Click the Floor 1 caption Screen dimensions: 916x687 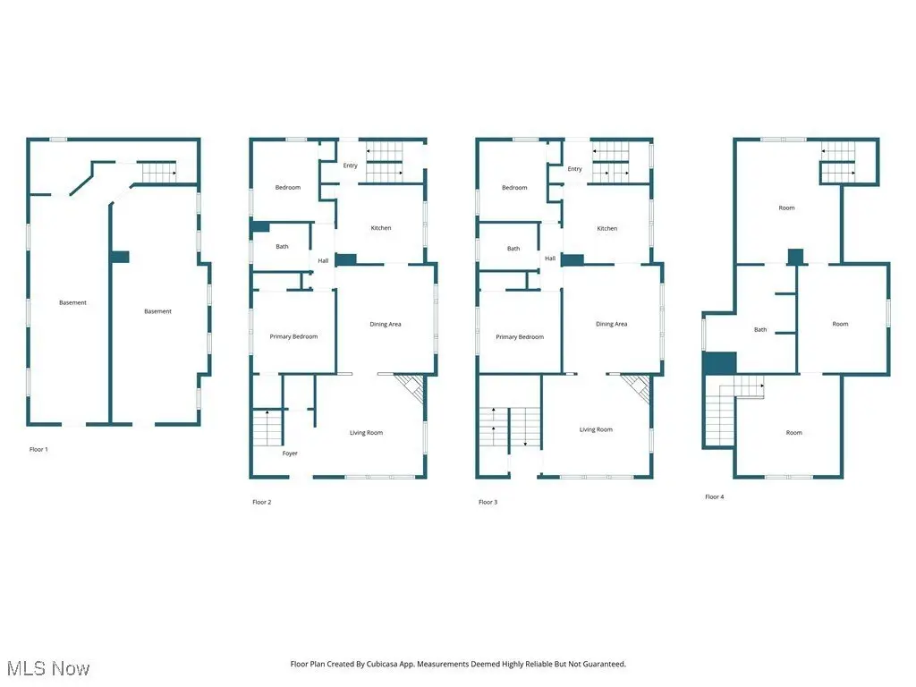click(x=38, y=449)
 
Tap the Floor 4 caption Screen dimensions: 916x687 click(x=715, y=496)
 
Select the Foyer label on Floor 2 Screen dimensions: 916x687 click(x=290, y=454)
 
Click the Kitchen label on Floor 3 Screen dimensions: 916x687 click(x=607, y=228)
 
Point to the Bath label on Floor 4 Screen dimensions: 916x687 click(x=760, y=329)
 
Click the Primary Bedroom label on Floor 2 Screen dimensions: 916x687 click(x=293, y=336)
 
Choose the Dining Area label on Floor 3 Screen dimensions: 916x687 click(x=611, y=324)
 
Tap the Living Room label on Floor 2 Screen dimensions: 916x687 click(x=366, y=433)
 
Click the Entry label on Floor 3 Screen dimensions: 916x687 click(x=575, y=169)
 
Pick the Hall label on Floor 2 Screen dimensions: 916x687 click(x=323, y=260)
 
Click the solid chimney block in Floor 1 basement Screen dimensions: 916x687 click(x=120, y=257)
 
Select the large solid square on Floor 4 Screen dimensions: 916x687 click(x=719, y=363)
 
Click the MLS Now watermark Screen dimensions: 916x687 click(x=48, y=668)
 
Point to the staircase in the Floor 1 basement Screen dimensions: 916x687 click(x=159, y=173)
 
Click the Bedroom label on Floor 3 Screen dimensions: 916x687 click(x=514, y=188)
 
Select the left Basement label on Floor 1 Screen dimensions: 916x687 click(x=72, y=302)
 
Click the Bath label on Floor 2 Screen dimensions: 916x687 click(x=282, y=247)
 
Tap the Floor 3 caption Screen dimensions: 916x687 click(x=488, y=502)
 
